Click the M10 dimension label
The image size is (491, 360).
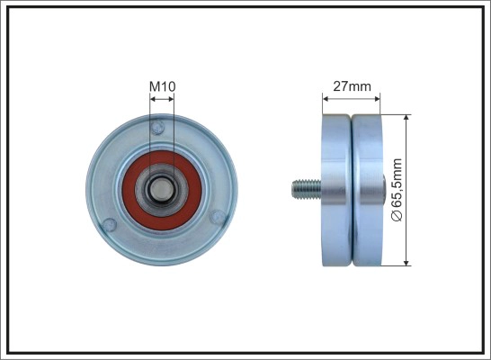(x=162, y=86)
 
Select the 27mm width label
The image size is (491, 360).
(x=351, y=86)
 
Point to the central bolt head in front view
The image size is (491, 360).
(x=163, y=189)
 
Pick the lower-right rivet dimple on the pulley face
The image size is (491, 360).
(x=215, y=216)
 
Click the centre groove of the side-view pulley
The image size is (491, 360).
(x=352, y=189)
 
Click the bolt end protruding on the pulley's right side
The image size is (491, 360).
(x=387, y=189)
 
